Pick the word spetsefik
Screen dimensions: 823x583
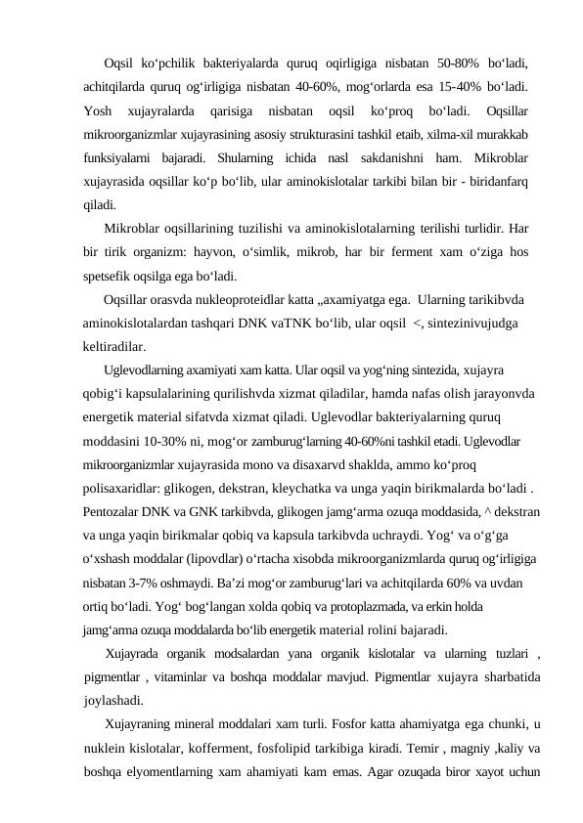click(x=109, y=276)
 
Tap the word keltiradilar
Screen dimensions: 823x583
click(x=115, y=346)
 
